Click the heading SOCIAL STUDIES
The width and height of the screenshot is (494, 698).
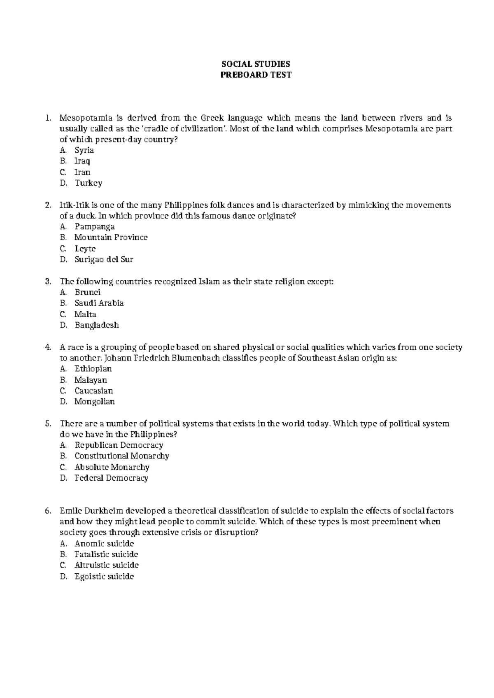256,64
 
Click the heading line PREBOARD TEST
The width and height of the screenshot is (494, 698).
256,75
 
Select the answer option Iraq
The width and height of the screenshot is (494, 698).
82,161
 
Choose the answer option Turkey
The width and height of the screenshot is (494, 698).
88,183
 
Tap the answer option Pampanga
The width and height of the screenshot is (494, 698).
94,226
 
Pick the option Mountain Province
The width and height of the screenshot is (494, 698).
111,237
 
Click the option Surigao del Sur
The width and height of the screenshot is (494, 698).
104,259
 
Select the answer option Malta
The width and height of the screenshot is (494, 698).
85,314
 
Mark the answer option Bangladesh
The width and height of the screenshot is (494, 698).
96,325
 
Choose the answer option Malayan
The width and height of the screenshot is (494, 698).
91,380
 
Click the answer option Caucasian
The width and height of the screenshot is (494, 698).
93,391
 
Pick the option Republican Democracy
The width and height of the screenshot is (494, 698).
119,445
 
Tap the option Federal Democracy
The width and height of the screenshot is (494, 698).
111,478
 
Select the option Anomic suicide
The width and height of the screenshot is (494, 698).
104,543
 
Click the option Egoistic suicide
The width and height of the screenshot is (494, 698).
104,576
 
